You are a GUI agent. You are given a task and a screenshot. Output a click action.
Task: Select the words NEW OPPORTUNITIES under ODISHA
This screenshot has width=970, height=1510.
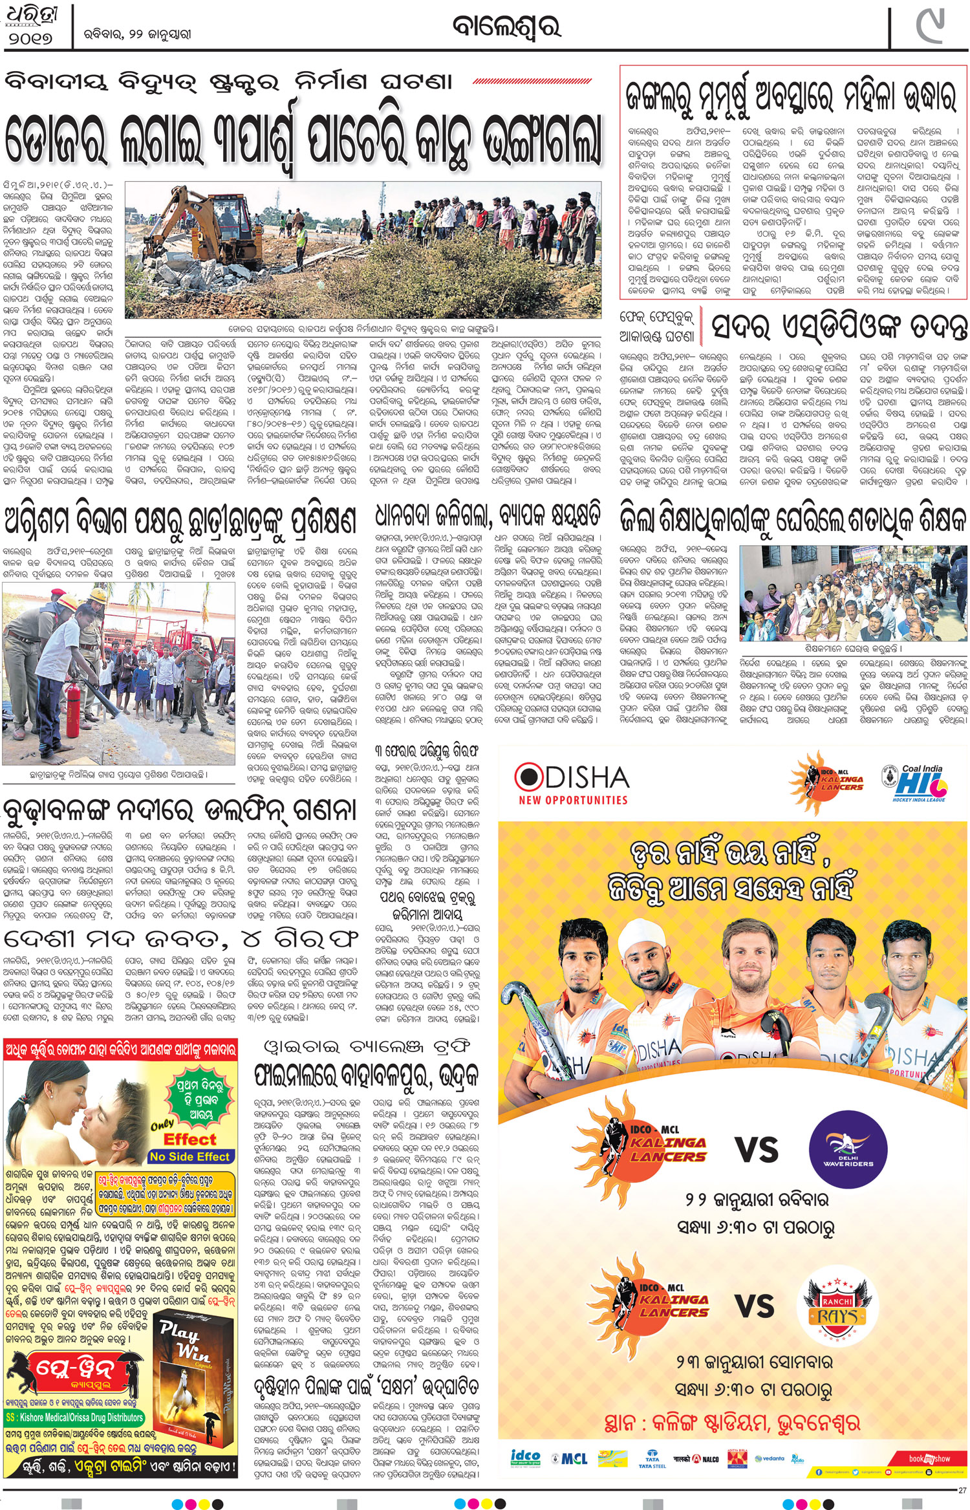573,800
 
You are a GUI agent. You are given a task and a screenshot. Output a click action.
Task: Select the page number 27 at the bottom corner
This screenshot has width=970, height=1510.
962,1491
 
